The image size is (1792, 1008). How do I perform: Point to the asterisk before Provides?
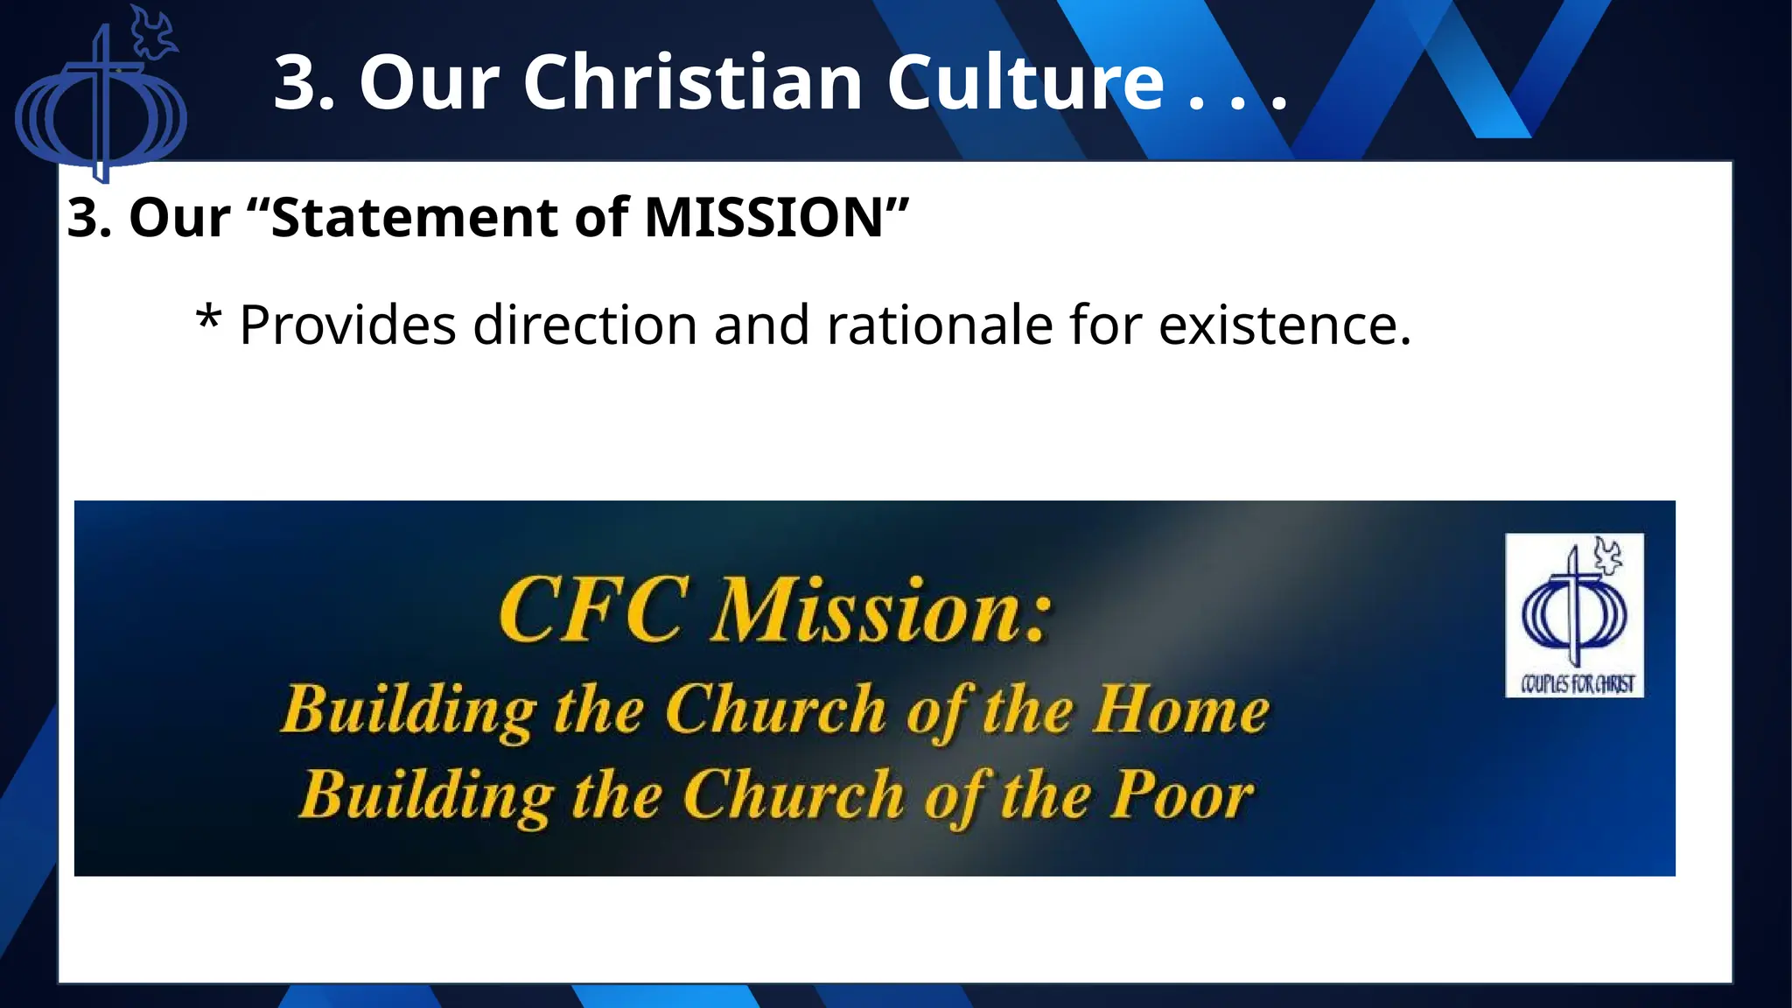(207, 317)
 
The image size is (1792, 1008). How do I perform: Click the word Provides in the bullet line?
(347, 325)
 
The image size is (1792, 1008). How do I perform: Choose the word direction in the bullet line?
(584, 325)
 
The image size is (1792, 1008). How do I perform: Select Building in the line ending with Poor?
(426, 796)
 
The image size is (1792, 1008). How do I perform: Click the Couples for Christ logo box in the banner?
(1574, 615)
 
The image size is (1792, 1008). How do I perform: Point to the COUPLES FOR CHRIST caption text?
(1577, 684)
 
